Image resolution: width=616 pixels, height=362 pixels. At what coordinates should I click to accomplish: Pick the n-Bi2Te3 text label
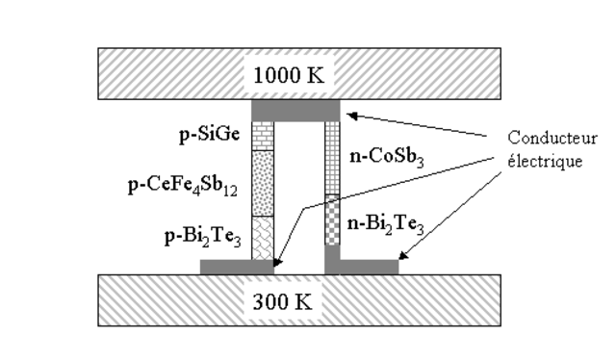[x=384, y=227]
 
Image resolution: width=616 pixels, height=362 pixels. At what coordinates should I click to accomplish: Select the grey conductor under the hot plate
[x=295, y=110]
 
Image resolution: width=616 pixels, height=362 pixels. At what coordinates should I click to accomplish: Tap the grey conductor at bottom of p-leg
[x=236, y=267]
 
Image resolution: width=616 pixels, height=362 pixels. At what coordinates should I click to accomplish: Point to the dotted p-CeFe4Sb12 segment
[x=263, y=183]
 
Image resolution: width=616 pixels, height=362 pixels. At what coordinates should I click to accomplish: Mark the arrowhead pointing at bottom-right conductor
[x=403, y=257]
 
